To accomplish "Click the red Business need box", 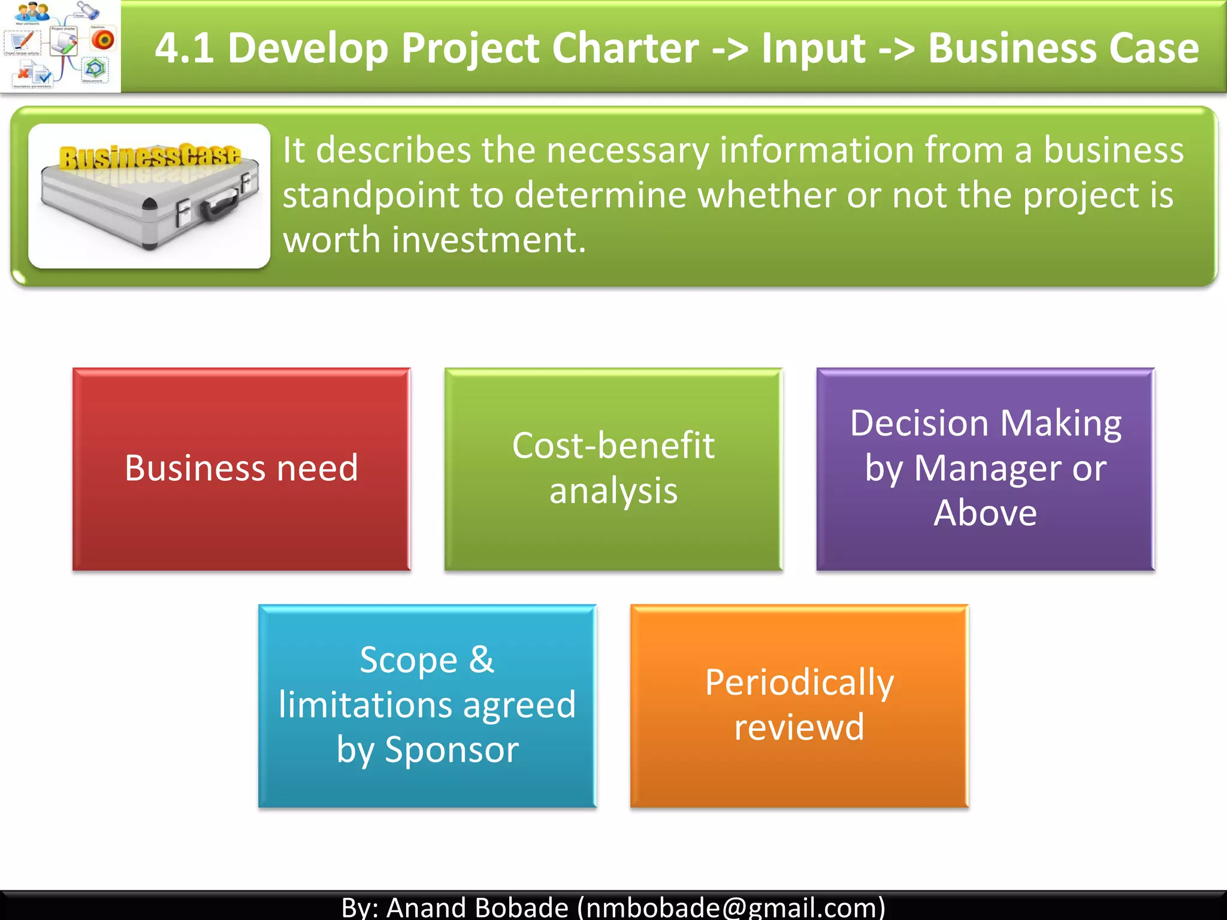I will [x=241, y=469].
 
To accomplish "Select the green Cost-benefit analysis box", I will [x=613, y=469].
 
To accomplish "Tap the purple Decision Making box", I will [x=986, y=469].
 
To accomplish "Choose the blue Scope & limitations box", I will [x=427, y=706].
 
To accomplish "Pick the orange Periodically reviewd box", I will [x=799, y=706].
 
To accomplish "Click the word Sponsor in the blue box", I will [x=452, y=750].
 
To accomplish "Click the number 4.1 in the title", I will [x=185, y=48].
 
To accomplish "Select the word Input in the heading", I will [x=813, y=48].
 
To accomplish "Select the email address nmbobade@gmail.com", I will [x=731, y=907].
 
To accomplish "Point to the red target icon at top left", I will [x=103, y=40].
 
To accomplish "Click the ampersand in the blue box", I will [x=482, y=659].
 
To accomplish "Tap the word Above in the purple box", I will [x=985, y=513].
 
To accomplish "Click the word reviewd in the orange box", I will [x=799, y=728].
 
